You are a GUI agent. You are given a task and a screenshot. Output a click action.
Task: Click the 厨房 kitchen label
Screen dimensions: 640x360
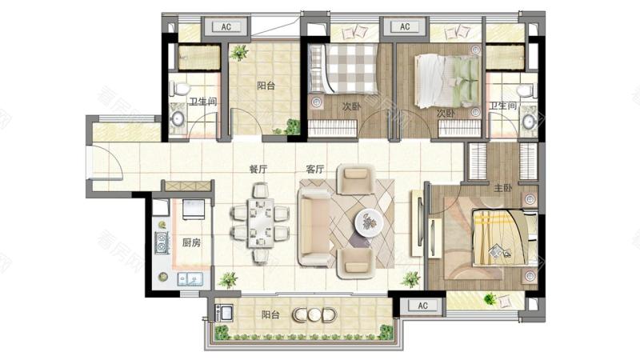191,242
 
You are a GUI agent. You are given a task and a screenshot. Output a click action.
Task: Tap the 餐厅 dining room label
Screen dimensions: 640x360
258,169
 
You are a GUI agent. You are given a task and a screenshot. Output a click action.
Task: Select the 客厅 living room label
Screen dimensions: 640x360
314,169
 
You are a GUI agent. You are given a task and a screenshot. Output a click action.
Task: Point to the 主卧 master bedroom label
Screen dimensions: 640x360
503,188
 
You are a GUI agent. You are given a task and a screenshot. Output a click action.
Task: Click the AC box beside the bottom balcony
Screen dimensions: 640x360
422,306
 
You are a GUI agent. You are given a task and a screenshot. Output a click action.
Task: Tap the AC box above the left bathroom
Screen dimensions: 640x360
226,27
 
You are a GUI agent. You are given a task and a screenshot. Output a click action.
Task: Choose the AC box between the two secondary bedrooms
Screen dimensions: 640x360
405,26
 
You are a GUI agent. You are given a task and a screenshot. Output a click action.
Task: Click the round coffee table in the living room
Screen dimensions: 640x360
369,222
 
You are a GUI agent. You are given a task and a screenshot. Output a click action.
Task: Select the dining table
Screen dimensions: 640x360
261,223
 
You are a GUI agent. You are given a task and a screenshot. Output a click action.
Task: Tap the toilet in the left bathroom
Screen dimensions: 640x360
179,88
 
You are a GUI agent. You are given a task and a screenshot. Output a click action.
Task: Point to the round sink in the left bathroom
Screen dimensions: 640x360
178,119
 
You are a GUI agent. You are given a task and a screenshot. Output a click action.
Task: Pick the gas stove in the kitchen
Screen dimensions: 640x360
162,242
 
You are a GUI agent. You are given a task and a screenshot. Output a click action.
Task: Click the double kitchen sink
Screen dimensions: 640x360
190,279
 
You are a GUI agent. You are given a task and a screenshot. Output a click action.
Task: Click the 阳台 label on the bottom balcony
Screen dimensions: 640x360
270,315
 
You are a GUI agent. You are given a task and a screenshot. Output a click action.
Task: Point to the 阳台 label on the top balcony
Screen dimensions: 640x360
266,86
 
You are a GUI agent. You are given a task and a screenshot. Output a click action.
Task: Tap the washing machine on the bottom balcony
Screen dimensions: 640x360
224,313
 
